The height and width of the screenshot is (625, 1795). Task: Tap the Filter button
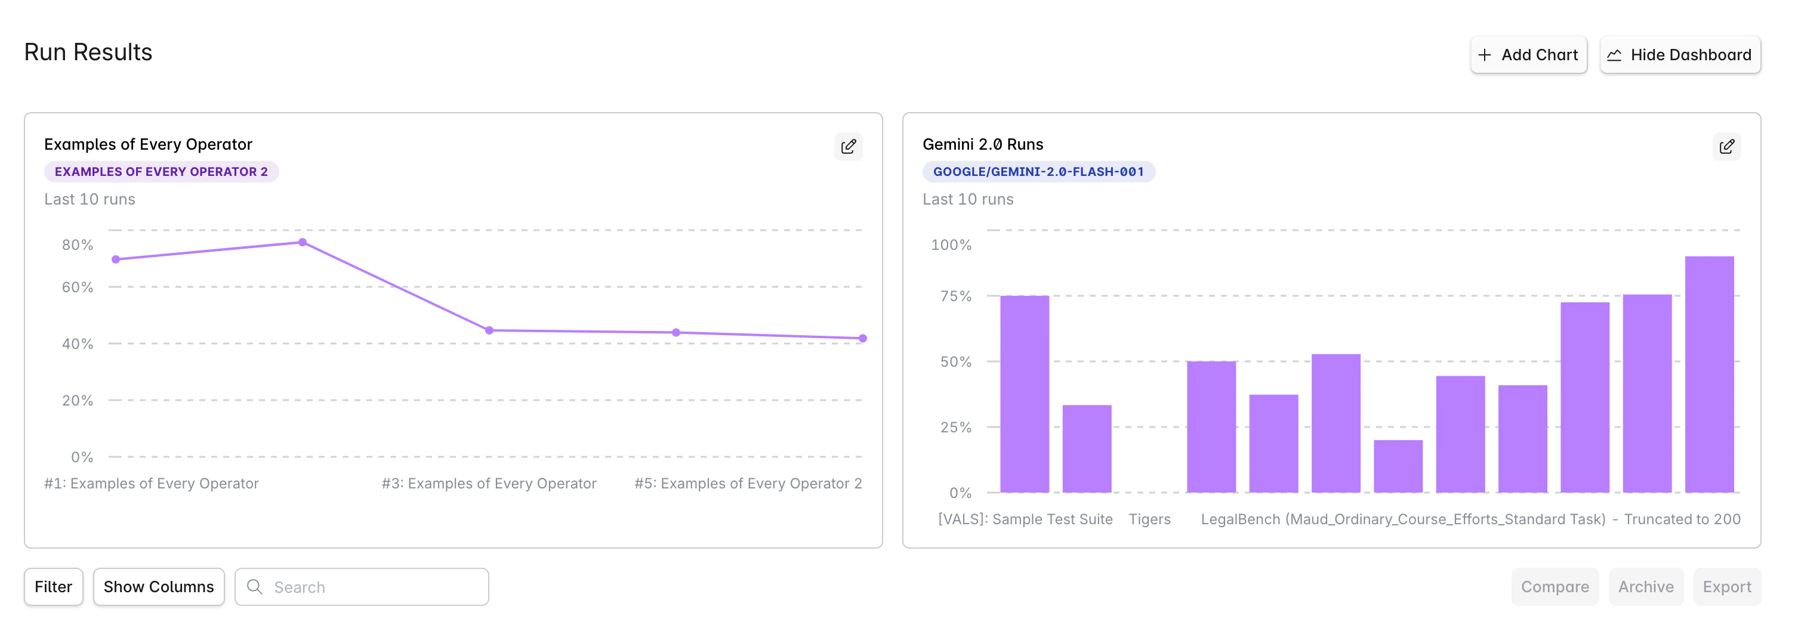tap(53, 587)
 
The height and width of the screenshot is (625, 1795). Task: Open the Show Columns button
tap(158, 587)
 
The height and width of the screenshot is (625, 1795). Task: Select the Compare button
tap(1554, 587)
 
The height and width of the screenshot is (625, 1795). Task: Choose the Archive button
tap(1645, 587)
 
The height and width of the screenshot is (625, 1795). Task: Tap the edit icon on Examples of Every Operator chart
tap(848, 146)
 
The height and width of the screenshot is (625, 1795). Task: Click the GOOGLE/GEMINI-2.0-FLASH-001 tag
tap(1038, 171)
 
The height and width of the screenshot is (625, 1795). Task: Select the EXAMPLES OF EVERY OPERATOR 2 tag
tap(161, 171)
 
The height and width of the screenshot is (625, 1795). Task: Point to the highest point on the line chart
tap(303, 243)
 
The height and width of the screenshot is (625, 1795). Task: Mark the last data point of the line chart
tap(863, 338)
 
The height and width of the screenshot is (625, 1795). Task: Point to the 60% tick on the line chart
tap(78, 287)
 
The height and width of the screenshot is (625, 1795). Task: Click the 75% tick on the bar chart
tap(955, 296)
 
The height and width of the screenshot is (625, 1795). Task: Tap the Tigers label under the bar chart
tap(1149, 519)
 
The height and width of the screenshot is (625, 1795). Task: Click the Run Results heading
tap(88, 52)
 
